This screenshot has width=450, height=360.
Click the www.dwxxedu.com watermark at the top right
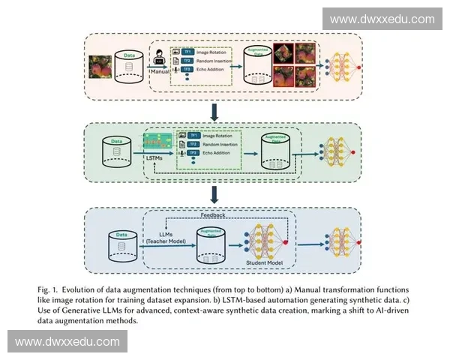382,19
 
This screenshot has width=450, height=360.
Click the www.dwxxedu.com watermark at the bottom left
68,341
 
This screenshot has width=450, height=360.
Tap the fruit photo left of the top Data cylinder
100,67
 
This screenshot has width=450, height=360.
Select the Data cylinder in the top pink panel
130,68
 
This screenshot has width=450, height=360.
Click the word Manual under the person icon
160,73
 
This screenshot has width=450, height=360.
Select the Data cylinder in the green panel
116,152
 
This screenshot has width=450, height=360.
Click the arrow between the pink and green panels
215,112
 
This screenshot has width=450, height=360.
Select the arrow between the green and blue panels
215,193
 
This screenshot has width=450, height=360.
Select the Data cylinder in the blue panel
124,241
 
